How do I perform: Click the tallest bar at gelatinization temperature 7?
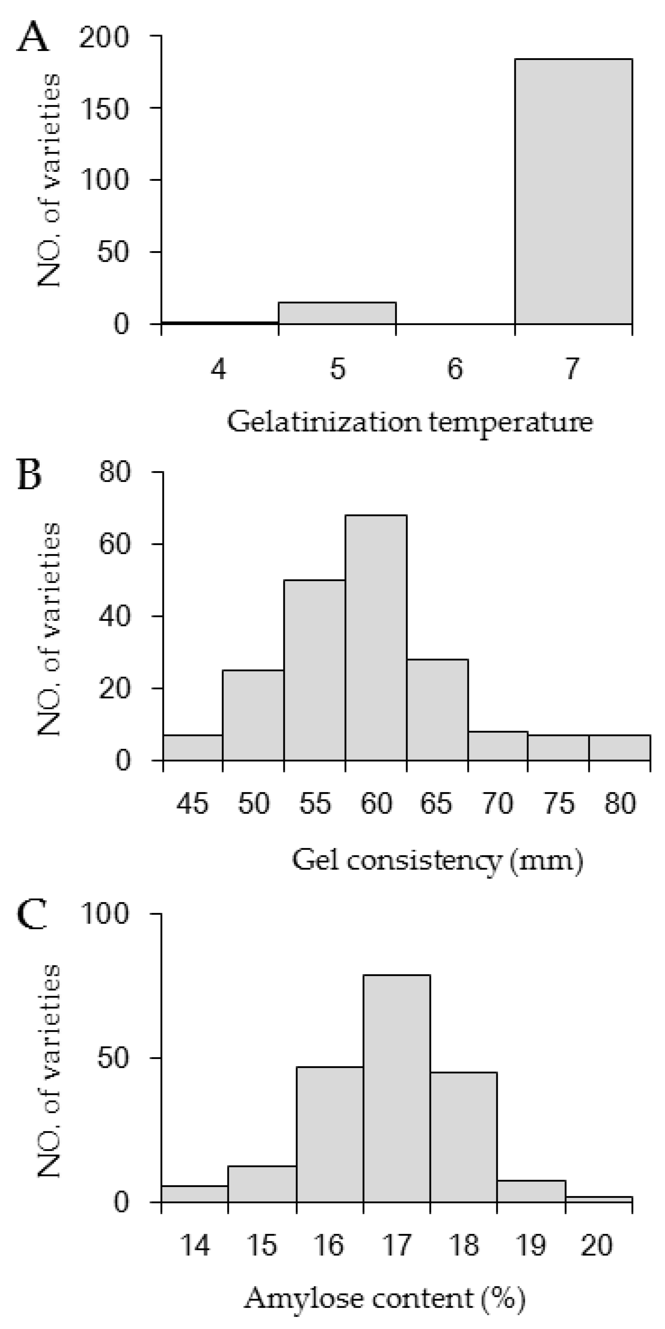573,191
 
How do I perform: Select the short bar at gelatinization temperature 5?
337,313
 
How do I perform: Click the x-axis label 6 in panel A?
455,369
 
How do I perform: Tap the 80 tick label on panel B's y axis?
115,472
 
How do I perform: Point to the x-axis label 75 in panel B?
559,803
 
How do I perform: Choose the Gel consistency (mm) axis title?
438,860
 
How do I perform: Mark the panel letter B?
29,475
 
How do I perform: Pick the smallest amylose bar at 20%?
599,1199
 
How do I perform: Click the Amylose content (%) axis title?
385,1298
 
